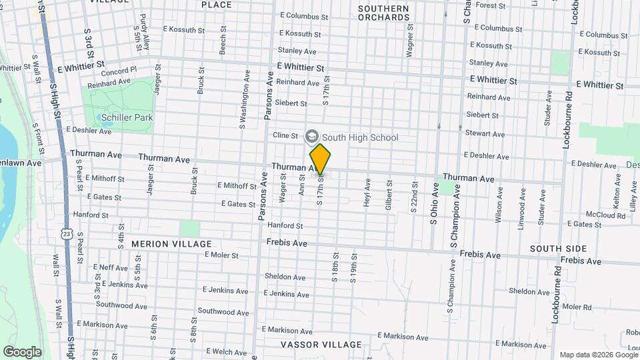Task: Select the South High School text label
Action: point(360,137)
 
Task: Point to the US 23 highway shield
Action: point(65,233)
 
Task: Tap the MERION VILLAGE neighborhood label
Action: point(171,244)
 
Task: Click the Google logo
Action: point(22,351)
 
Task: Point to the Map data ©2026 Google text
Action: point(598,355)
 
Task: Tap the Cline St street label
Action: point(285,135)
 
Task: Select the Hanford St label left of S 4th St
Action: point(91,215)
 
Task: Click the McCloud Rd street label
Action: point(585,214)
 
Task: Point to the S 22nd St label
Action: point(414,197)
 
